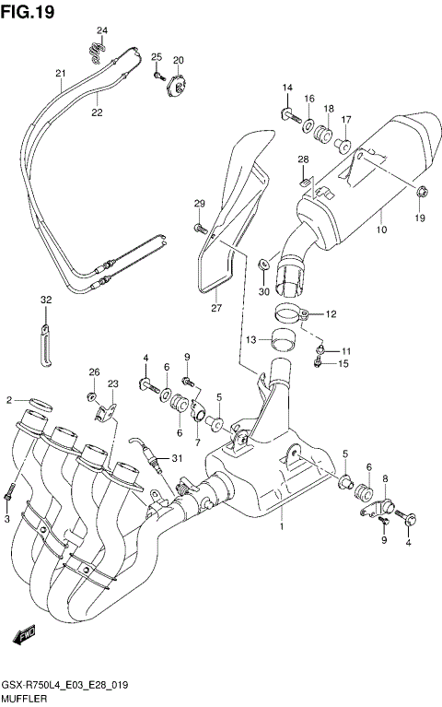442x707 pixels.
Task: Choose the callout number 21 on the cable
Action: [x=60, y=74]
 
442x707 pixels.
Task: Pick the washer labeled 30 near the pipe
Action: [x=264, y=264]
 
